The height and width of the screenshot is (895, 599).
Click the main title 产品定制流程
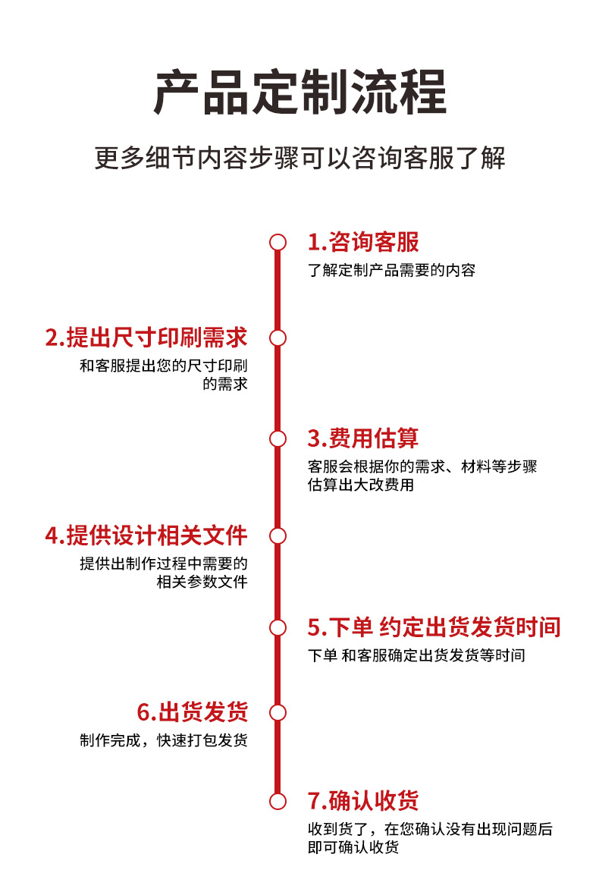[299, 93]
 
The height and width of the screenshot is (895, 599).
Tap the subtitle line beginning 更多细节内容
[299, 158]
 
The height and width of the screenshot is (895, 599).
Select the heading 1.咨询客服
[363, 242]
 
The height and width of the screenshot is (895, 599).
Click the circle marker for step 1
[278, 242]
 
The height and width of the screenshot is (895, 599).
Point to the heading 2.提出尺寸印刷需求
[146, 338]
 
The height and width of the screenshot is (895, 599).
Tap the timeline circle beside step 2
[278, 338]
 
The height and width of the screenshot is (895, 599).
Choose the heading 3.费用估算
[363, 438]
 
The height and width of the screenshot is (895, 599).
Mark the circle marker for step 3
[278, 438]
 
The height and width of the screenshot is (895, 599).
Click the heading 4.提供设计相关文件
[146, 535]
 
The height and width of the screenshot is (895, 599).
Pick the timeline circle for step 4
[278, 535]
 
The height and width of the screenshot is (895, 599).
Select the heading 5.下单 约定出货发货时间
[434, 627]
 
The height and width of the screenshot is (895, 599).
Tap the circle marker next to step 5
[278, 627]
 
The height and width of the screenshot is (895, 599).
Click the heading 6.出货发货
[193, 712]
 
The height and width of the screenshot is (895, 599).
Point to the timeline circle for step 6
[278, 712]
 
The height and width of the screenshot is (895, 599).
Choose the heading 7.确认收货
[363, 800]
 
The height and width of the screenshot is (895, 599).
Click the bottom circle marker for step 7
[278, 800]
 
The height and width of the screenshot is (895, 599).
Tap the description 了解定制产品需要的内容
[391, 270]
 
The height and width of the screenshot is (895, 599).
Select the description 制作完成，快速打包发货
[164, 741]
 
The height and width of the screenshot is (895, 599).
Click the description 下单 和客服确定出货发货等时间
[416, 655]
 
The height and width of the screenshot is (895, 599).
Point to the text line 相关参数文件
[202, 583]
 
